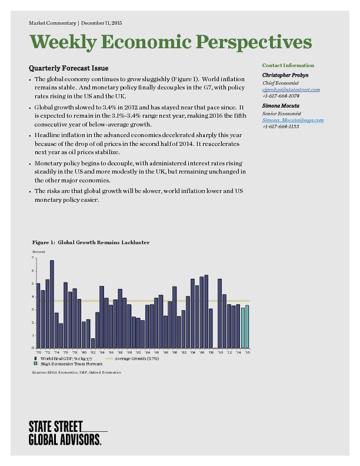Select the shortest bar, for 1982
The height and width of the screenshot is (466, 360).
coord(93,342)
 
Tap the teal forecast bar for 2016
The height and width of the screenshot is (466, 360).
coord(247,327)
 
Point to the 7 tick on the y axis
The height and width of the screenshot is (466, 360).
coord(33,258)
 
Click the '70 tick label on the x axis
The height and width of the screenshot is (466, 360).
coord(38,352)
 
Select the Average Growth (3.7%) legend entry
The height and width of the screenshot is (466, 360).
coord(131,358)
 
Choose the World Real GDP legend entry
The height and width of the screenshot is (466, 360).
coord(61,358)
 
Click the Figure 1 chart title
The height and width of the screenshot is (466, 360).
coord(91,242)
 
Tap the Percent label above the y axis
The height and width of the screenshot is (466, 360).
coord(38,251)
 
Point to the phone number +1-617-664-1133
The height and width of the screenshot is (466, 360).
coord(281,127)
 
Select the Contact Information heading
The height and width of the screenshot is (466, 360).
coord(288,65)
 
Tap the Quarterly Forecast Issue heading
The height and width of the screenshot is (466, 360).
coord(68,68)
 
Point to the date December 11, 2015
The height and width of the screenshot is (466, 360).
coord(101,22)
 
